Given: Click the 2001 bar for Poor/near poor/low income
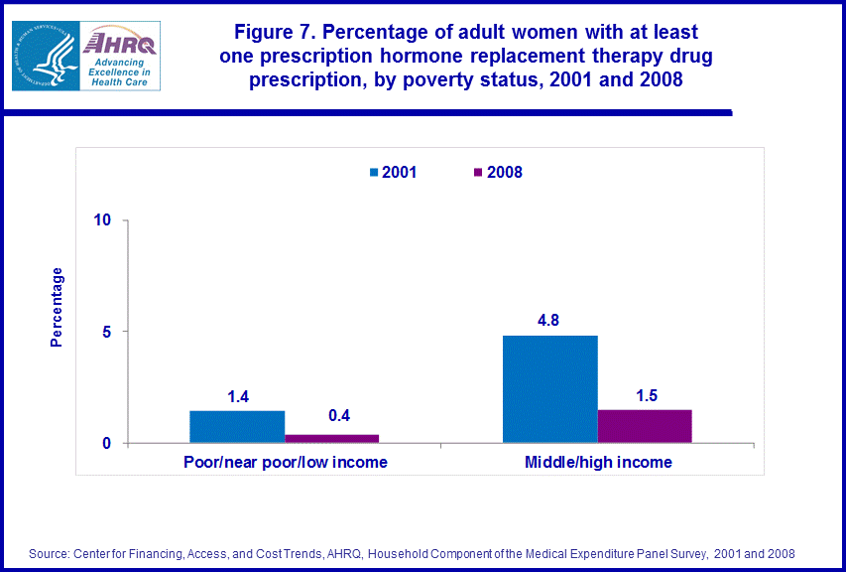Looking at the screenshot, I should [x=237, y=427].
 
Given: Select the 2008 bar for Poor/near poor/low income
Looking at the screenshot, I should [x=332, y=438].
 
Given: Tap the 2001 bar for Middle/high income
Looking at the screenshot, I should [x=550, y=389].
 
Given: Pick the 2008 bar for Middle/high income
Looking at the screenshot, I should [x=645, y=426].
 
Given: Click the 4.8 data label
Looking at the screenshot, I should [x=549, y=322].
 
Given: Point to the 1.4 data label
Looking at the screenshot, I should [x=237, y=397].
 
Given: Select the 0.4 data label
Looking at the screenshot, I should [x=338, y=416].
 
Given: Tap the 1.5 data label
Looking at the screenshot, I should [x=645, y=395].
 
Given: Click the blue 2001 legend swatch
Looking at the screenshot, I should [x=374, y=172].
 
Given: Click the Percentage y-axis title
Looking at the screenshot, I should [x=57, y=307].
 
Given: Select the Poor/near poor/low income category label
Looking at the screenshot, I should [x=286, y=462].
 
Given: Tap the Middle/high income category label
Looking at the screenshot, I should [x=597, y=462].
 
